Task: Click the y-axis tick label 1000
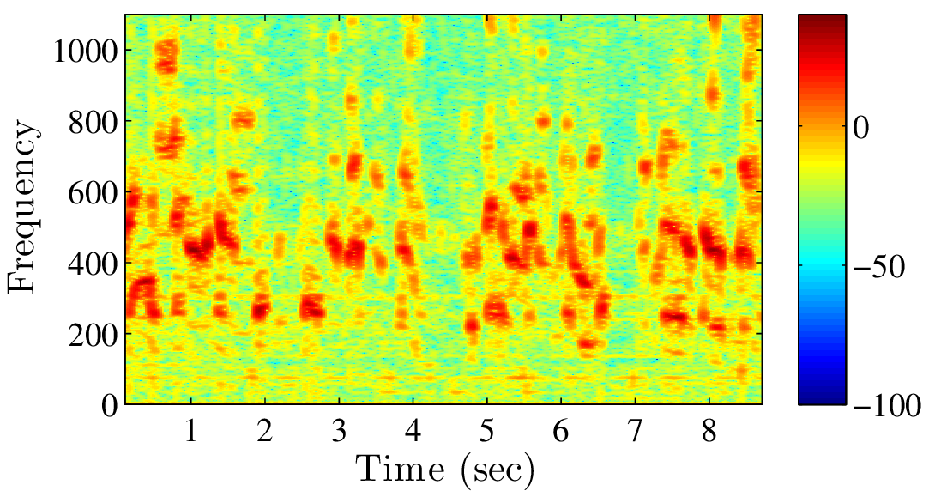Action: (x=85, y=52)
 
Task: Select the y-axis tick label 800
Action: (x=92, y=122)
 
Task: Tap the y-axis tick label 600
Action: (x=92, y=192)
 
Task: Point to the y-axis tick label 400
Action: (x=92, y=263)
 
